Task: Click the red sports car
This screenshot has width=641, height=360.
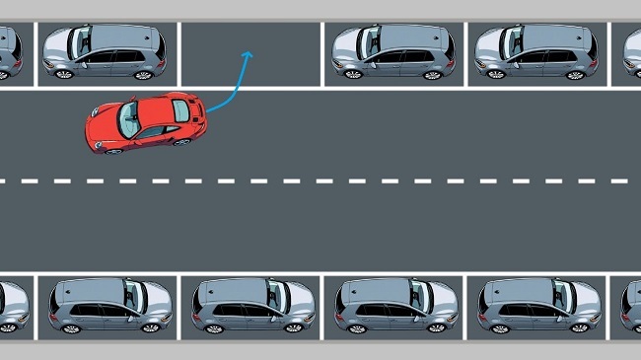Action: [146, 121]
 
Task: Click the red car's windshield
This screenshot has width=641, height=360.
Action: [129, 119]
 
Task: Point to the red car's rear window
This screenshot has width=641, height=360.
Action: [180, 111]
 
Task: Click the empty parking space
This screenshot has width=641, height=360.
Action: [250, 54]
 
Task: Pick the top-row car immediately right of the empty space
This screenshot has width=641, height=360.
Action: [392, 51]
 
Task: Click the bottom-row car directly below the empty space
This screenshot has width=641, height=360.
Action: [253, 305]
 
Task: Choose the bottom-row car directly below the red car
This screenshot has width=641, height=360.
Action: [110, 305]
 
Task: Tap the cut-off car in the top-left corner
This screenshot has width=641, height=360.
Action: [10, 52]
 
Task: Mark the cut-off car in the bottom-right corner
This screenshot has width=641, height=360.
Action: [631, 306]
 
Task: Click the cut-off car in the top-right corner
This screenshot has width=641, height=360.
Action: [632, 52]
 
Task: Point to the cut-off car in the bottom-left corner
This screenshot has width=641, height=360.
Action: [12, 306]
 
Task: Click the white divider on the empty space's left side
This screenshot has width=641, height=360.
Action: [179, 54]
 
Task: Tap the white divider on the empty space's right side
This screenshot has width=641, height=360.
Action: [321, 54]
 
